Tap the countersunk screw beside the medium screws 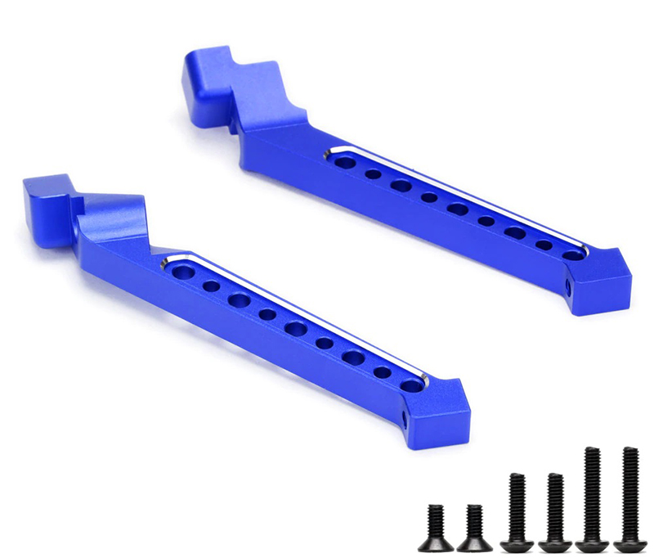(x=473, y=528)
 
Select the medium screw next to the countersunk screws (x=517, y=512)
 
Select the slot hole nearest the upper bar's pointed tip (x=574, y=255)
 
